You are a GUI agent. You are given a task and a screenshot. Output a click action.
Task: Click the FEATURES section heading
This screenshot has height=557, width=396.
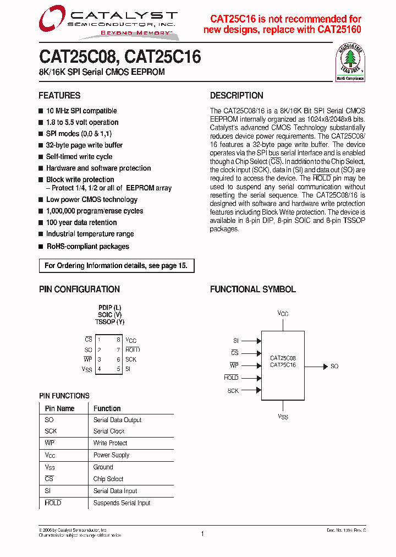click(59, 95)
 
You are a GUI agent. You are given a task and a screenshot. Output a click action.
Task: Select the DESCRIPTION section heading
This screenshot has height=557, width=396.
click(237, 95)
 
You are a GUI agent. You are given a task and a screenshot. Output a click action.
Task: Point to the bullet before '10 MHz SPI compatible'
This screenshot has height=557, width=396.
click(41, 111)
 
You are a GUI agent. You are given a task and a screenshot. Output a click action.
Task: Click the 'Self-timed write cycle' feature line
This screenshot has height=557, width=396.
click(79, 157)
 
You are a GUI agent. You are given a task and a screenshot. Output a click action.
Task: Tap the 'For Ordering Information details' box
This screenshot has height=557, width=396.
click(116, 266)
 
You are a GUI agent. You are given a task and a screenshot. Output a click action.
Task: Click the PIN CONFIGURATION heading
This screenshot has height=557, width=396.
click(79, 290)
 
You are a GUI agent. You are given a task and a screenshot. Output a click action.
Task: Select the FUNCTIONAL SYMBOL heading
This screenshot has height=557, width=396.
click(252, 290)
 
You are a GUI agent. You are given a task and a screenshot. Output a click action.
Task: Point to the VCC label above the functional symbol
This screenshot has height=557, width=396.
click(283, 314)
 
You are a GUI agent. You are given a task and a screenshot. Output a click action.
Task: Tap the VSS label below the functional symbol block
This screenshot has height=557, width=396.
click(283, 417)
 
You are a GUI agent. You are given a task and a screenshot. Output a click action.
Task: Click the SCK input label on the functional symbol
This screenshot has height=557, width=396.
click(233, 391)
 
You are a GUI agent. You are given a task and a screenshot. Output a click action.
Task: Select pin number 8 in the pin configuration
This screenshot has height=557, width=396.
click(118, 340)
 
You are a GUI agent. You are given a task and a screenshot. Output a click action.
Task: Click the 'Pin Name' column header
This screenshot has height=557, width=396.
click(59, 408)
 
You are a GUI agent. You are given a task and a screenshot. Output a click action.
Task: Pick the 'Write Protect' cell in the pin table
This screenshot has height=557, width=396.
click(110, 443)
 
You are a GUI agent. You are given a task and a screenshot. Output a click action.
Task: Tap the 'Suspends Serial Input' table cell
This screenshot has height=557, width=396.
click(122, 503)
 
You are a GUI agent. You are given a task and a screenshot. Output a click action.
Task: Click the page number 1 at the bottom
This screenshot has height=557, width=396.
click(202, 533)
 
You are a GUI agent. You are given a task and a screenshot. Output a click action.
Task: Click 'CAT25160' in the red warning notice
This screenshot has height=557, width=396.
click(339, 30)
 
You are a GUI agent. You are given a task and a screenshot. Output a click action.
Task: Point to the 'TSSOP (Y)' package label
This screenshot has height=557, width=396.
click(110, 322)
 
